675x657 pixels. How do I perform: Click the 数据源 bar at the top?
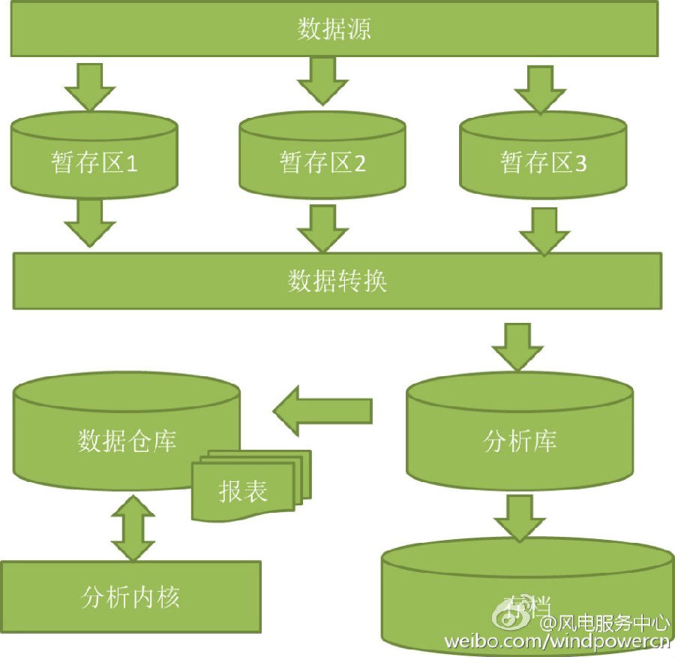click(x=334, y=29)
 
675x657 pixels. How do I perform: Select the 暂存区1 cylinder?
click(x=94, y=161)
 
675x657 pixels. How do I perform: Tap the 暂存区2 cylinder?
click(x=322, y=161)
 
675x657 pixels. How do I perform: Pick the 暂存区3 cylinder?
click(x=543, y=161)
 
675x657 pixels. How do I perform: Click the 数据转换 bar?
click(x=337, y=281)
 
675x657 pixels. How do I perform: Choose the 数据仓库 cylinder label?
click(x=127, y=440)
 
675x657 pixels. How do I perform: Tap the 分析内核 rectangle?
click(x=130, y=597)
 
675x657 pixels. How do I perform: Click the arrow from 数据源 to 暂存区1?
click(x=90, y=86)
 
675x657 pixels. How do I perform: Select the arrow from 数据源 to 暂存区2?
click(x=323, y=80)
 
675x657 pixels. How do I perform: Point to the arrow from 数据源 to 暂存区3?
click(x=540, y=89)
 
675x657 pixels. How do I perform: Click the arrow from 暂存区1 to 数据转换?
click(x=90, y=222)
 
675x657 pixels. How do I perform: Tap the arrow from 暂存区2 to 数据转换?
click(x=323, y=228)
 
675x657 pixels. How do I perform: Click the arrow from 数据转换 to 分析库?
click(x=517, y=346)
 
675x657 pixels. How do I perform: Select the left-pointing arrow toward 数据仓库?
click(x=322, y=411)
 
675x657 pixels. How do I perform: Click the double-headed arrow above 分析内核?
click(x=132, y=528)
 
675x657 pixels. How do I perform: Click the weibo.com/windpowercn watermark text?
click(x=556, y=641)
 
